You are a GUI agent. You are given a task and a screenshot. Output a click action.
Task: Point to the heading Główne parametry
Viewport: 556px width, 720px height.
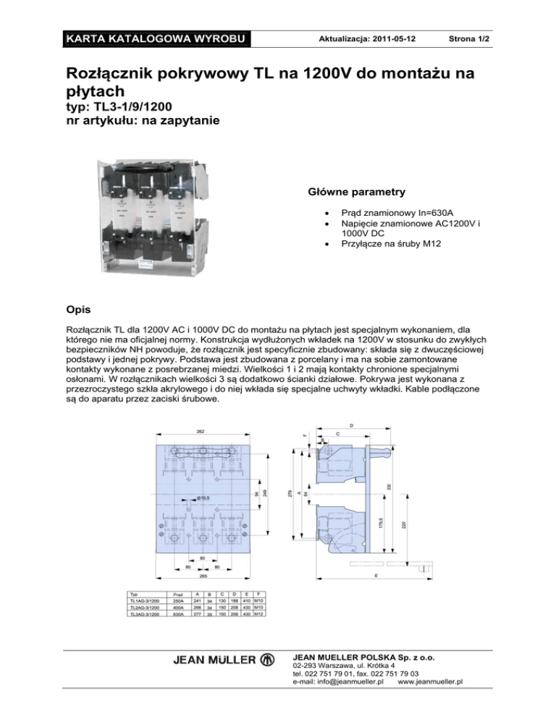point(353,193)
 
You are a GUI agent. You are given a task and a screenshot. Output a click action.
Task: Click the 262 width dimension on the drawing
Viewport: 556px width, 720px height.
point(201,431)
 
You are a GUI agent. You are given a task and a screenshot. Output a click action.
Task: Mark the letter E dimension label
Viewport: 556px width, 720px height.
point(375,576)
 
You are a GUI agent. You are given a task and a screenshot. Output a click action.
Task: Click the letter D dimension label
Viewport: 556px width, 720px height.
point(352,424)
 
